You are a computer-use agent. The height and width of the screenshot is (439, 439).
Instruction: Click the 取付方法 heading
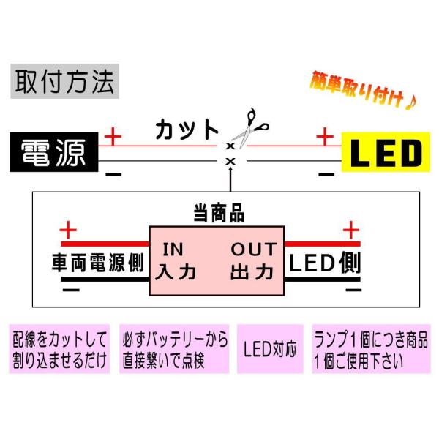[64, 82]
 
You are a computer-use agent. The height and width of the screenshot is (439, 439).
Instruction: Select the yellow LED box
[383, 153]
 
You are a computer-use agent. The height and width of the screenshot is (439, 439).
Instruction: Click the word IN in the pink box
[174, 249]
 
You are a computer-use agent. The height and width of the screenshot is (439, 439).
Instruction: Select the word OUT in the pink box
[253, 249]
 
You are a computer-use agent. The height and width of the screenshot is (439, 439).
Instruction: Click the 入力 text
[177, 273]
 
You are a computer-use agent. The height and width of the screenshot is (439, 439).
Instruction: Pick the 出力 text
[252, 273]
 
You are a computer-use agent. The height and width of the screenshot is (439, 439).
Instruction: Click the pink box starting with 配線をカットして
[60, 349]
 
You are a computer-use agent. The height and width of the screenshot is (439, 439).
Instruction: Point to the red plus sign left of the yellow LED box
[323, 136]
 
